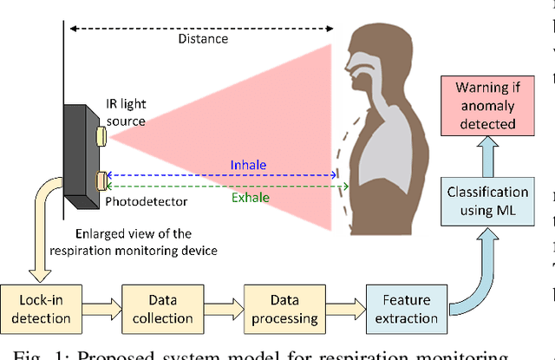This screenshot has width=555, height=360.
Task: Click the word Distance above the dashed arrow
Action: (203, 38)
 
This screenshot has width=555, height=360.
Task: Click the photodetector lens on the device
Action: (101, 180)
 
